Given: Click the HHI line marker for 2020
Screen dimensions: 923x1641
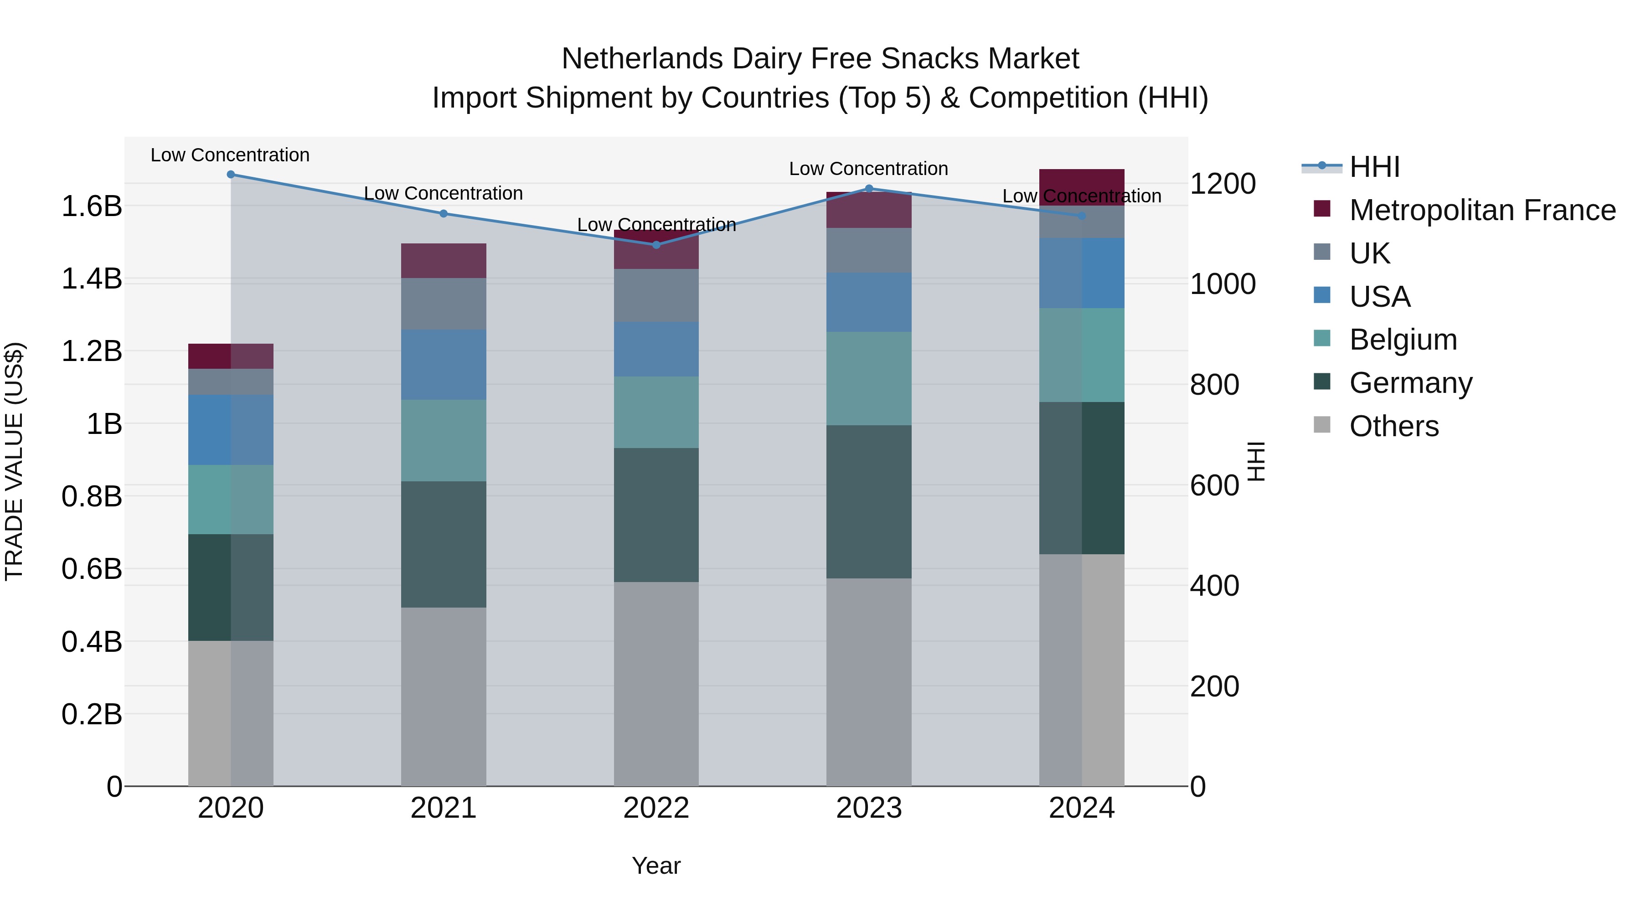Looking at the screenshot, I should pos(231,175).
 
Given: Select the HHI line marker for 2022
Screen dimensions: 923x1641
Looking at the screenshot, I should pos(656,245).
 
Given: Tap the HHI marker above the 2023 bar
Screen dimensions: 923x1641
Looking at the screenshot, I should pos(869,189).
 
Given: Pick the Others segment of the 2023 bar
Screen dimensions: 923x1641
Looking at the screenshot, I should pos(869,681).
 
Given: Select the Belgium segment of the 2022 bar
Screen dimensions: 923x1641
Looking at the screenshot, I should pos(656,412).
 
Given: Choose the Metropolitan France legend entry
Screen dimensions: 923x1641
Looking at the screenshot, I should pos(1482,210).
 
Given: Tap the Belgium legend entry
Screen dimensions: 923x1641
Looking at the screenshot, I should pos(1403,340).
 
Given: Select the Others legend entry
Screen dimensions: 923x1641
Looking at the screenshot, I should pos(1394,426).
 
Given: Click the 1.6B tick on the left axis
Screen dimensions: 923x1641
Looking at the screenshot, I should pos(91,206).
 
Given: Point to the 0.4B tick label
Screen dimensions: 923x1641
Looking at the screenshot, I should pos(91,641).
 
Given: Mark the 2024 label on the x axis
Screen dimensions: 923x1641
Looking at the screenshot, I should pos(1081,808).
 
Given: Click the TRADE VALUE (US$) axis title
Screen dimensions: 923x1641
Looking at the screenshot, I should pos(14,461).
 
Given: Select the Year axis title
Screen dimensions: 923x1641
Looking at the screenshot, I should pos(656,866).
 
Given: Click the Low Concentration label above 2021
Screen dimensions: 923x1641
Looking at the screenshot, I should pos(444,193).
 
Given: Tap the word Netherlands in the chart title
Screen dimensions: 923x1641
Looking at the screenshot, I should pos(642,59).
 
